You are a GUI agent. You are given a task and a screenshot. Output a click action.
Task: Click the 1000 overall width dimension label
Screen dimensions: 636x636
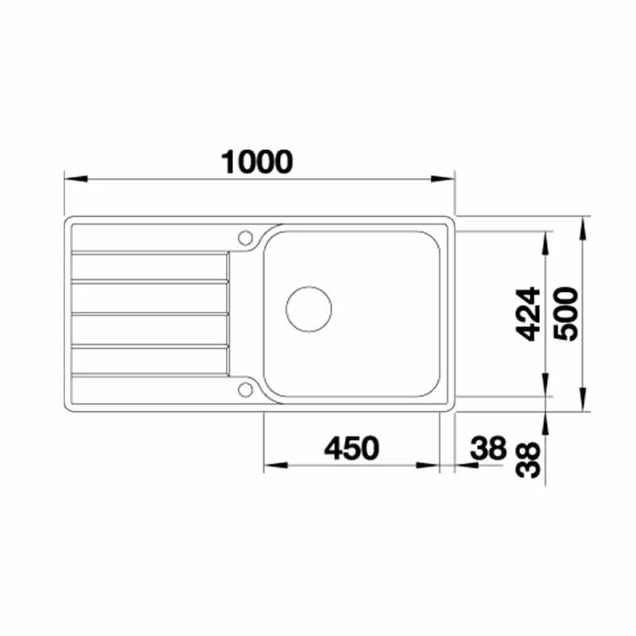tap(258, 161)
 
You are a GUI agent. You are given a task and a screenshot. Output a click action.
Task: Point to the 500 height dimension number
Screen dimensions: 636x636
tap(567, 313)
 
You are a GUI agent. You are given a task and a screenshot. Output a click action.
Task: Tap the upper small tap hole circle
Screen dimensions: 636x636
tap(246, 237)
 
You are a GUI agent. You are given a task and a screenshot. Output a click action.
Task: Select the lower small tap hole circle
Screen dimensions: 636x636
tap(246, 389)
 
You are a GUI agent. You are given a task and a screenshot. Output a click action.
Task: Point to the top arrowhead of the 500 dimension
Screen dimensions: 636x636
tap(584, 226)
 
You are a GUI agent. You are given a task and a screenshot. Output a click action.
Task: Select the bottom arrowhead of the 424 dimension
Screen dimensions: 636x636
tap(546, 387)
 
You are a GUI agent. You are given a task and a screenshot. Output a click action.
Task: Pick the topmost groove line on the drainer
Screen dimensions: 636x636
tap(149, 254)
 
